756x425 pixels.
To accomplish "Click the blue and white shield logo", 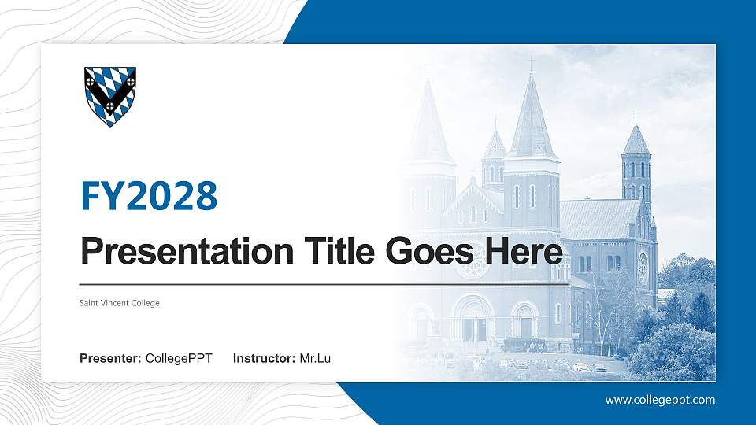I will point(110,96).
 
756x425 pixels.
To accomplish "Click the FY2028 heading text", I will point(149,196).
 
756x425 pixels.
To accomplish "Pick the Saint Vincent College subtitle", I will point(120,303).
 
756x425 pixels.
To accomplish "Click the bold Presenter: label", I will point(110,359).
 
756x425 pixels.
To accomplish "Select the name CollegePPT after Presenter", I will point(179,359).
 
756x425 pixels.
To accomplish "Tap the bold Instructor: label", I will point(265,359).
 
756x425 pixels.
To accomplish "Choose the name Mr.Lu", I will point(315,359).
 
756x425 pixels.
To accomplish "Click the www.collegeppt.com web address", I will point(660,400).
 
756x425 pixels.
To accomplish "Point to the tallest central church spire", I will point(531,118).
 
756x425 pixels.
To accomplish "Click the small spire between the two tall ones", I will point(495,150).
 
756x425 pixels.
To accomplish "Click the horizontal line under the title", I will point(323,283).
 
